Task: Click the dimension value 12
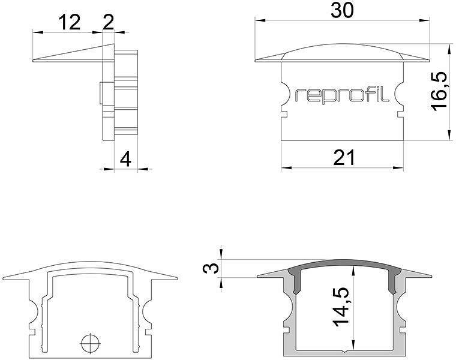pos(70,22)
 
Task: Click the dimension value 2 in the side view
pos(109,22)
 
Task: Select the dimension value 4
pos(125,159)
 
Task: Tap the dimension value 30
pos(343,11)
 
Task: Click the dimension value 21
pos(343,157)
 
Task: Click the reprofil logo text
pos(343,95)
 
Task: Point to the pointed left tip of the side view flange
pos(33,59)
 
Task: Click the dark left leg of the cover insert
pos(295,281)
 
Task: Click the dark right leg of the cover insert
pos(394,281)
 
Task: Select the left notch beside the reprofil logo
pos(284,95)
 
